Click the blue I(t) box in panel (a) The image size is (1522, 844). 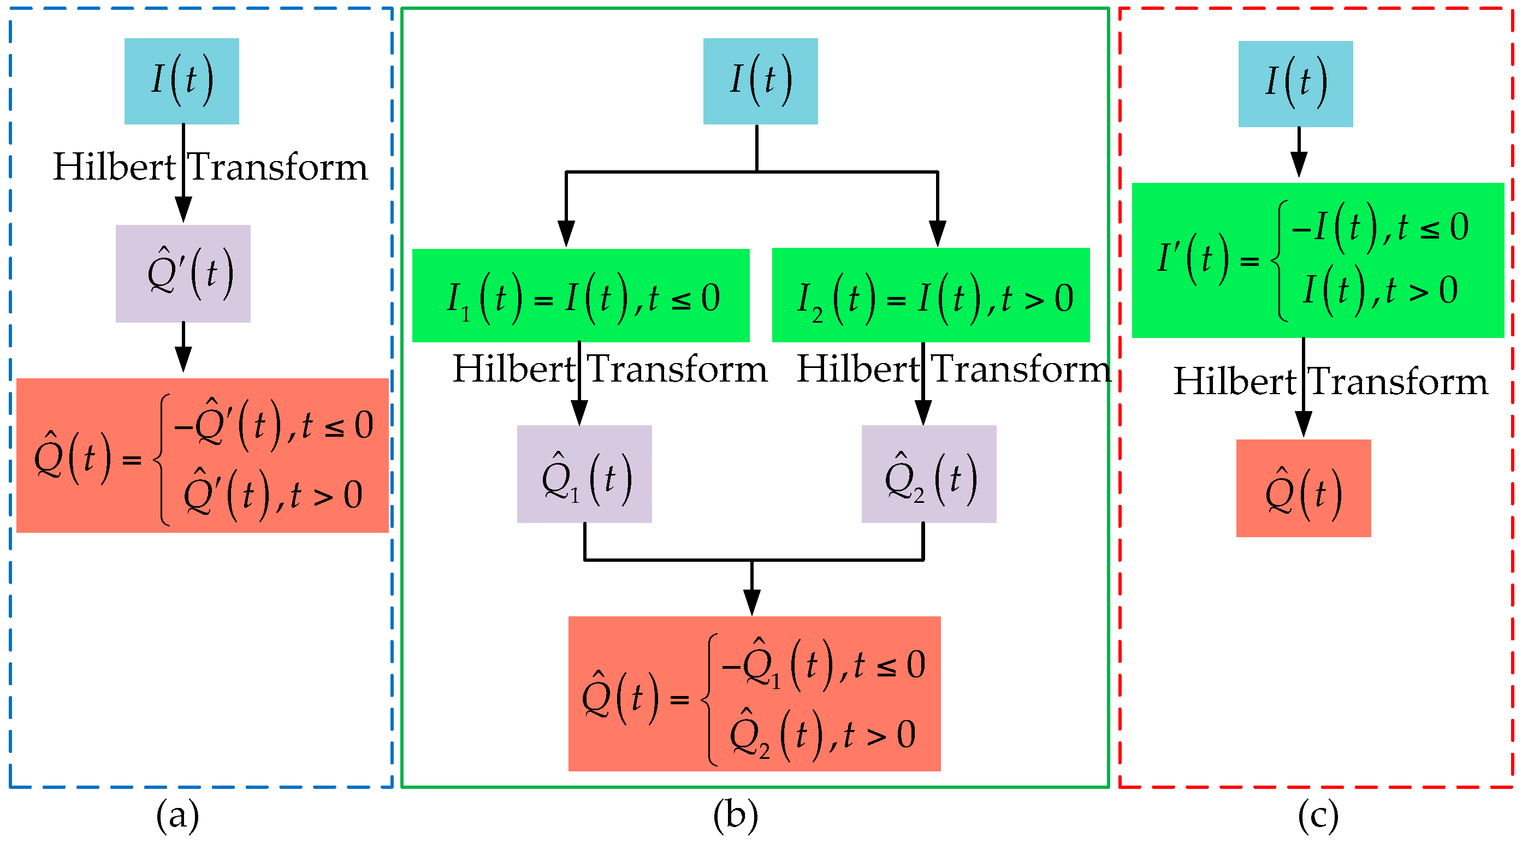pos(181,81)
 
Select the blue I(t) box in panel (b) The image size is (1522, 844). pos(760,81)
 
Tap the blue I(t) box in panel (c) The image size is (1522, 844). pos(1295,84)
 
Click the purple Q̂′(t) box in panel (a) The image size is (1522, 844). pos(182,274)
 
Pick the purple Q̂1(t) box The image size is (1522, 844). pos(584,474)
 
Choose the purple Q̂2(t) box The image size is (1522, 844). pos(928,474)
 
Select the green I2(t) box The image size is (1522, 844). pos(931,295)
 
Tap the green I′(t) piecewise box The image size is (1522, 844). pos(1318,260)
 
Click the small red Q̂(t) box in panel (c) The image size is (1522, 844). pos(1304,488)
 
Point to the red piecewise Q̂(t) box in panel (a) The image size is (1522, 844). pos(202,455)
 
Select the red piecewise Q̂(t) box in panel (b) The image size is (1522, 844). pos(754,693)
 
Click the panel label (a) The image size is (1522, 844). pos(177,816)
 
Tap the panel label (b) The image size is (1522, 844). pos(735,816)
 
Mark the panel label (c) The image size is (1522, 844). pos(1318,816)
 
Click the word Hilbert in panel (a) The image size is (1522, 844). pos(114,167)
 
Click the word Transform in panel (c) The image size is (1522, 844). pos(1398,381)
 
